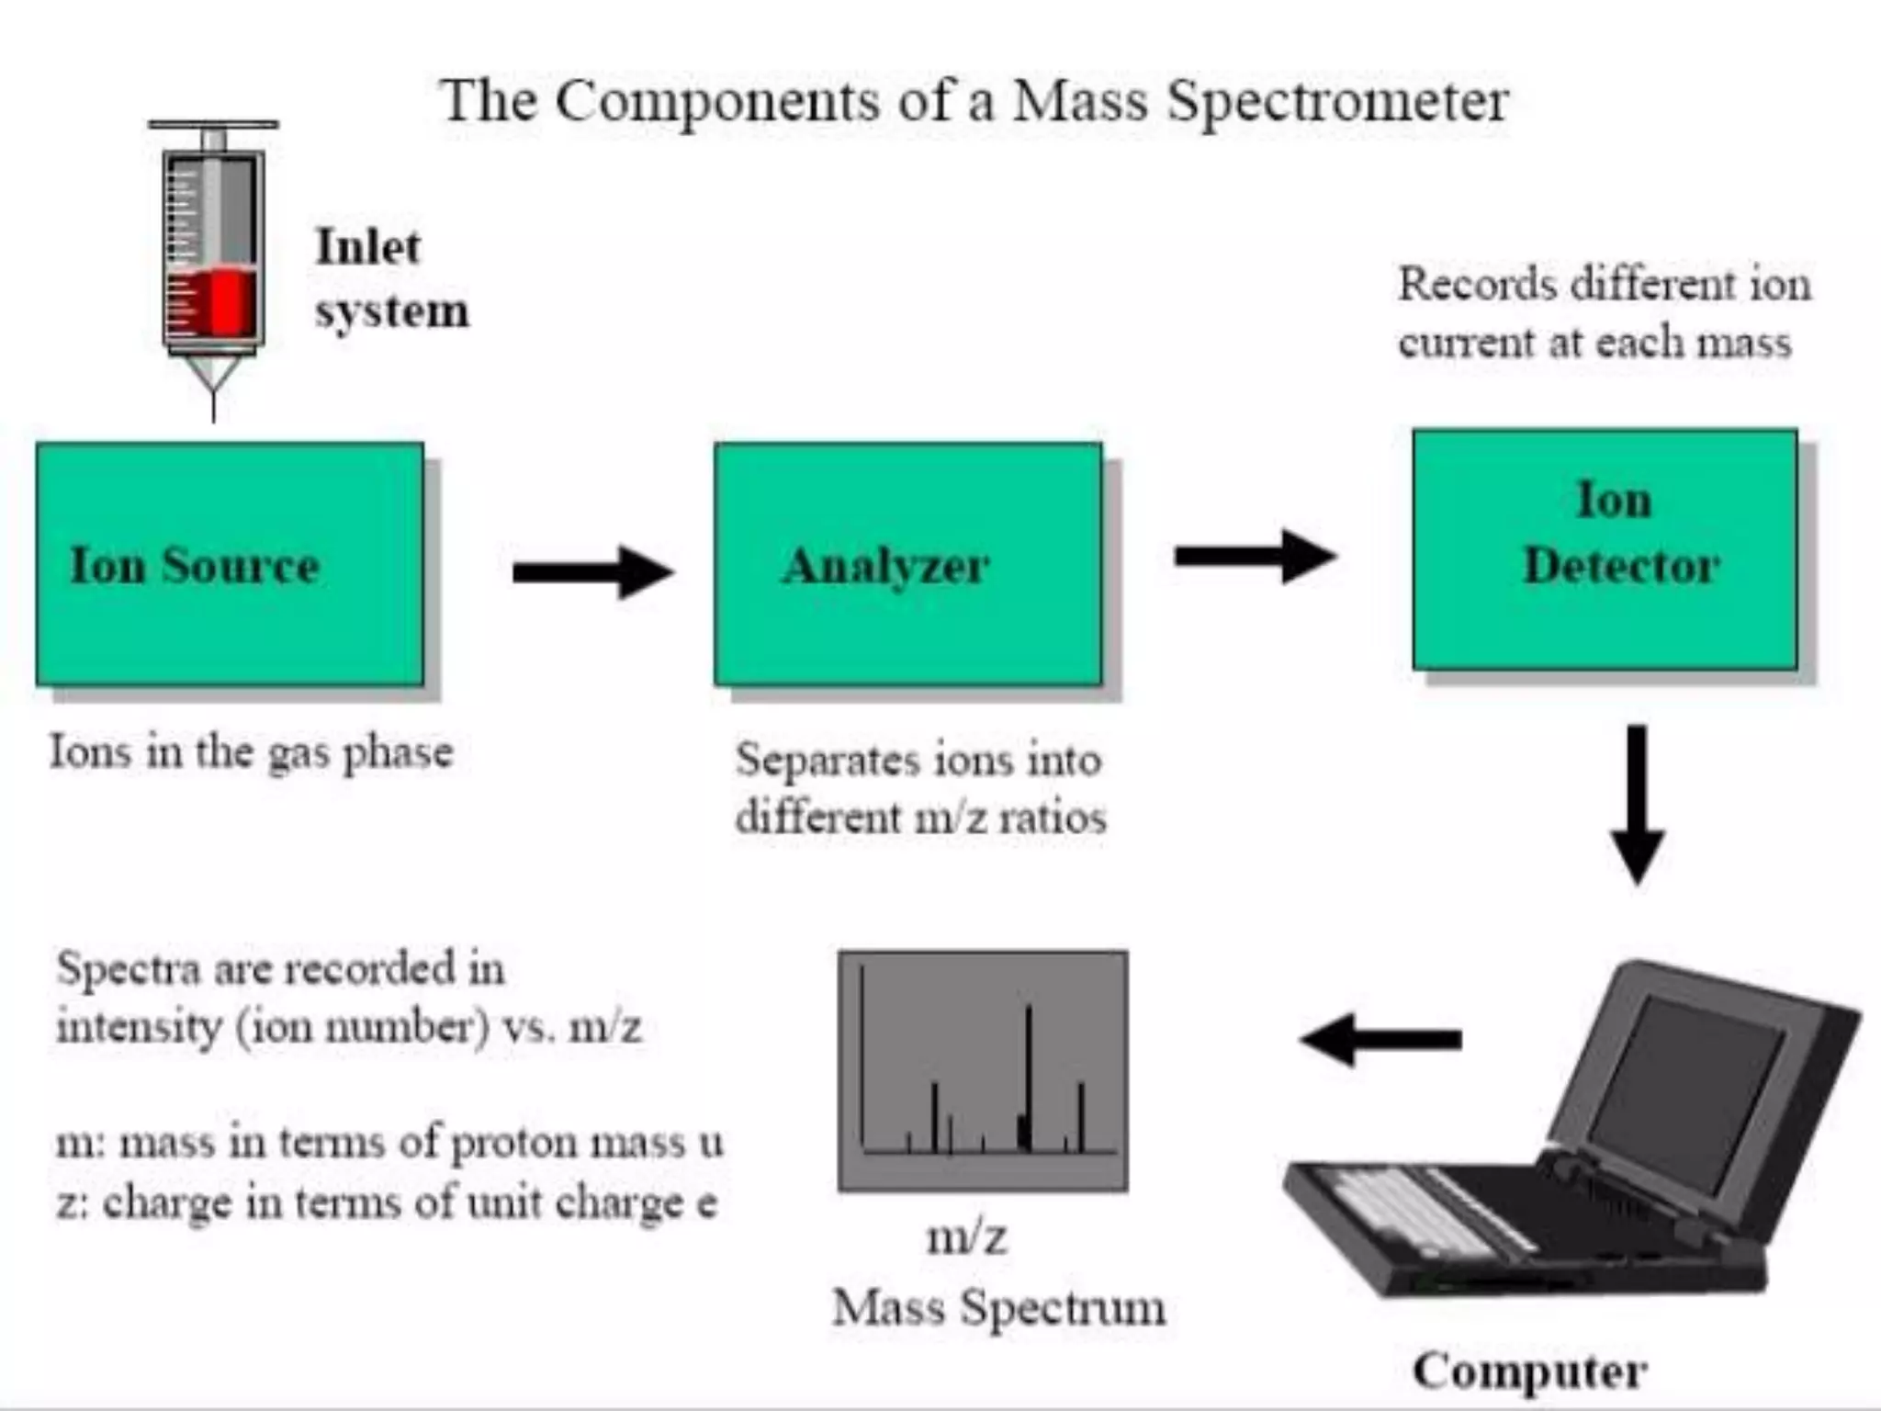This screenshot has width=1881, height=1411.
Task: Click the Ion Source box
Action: point(230,564)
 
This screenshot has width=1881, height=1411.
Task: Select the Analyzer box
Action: point(907,564)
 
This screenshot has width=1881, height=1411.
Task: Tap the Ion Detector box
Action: point(1605,549)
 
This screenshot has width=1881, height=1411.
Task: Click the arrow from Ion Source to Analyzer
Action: point(592,572)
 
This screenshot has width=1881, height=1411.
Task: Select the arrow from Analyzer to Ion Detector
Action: point(1255,556)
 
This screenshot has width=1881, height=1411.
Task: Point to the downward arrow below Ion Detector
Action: point(1637,804)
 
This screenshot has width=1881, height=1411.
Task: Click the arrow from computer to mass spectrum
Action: point(1380,1039)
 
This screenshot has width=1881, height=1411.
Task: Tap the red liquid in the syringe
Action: point(220,301)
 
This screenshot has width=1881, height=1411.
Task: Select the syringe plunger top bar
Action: point(213,124)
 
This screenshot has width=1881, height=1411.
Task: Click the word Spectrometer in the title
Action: point(1337,101)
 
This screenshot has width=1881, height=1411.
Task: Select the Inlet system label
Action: point(391,277)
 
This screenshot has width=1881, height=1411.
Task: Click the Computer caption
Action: point(1529,1371)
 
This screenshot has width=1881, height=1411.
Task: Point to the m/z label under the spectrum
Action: point(966,1236)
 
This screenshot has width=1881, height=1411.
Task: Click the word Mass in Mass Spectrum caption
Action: point(888,1306)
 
